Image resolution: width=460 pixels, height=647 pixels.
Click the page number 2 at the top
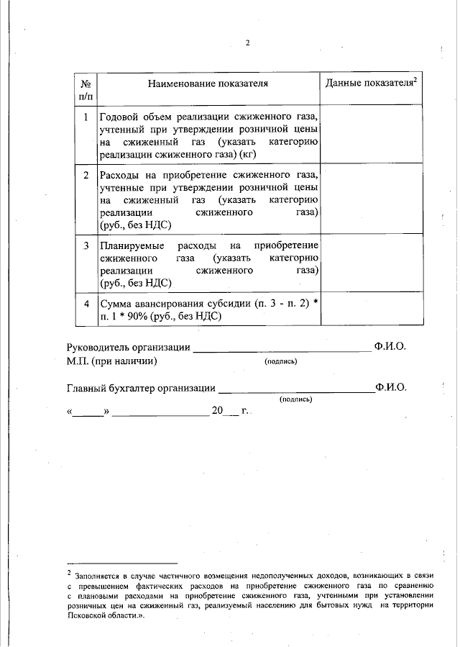click(x=247, y=42)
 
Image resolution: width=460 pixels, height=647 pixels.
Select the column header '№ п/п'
click(x=86, y=89)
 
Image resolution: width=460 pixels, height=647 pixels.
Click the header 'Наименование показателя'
click(x=208, y=83)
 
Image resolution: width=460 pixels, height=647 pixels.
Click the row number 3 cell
click(x=86, y=246)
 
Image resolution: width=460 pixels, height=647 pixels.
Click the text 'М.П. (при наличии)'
click(x=112, y=361)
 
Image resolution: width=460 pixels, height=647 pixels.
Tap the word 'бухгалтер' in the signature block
click(x=133, y=388)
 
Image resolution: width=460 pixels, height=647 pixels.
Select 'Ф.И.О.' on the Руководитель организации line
click(x=390, y=347)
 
